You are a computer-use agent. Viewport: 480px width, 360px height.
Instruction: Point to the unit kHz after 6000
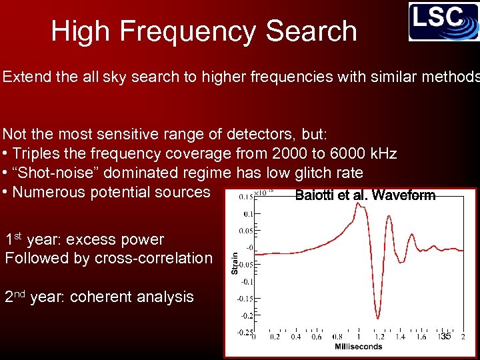click(x=382, y=154)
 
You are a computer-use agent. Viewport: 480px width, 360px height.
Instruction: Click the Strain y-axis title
click(x=235, y=261)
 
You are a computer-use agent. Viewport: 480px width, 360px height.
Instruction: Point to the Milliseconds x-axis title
click(x=358, y=347)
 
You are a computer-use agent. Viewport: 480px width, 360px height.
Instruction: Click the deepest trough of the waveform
click(x=378, y=317)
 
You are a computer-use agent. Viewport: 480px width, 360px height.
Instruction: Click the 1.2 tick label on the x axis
click(x=378, y=337)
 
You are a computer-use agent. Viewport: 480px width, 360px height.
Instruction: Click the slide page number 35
click(x=446, y=336)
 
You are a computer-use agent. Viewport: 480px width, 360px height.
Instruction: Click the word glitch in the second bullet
click(x=305, y=173)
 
